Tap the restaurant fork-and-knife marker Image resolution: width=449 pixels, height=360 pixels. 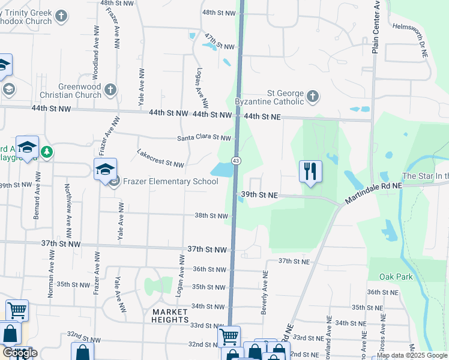tap(310, 171)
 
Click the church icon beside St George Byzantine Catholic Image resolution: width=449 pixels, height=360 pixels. tap(313, 96)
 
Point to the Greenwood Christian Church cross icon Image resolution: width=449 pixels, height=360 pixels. tap(109, 90)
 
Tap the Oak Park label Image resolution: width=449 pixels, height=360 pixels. tap(396, 277)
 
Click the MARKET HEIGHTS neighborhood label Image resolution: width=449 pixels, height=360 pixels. tap(170, 316)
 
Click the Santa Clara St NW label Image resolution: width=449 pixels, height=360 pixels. tap(204, 138)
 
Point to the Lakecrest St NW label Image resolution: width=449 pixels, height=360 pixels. tap(160, 158)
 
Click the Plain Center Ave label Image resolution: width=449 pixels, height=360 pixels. tap(376, 27)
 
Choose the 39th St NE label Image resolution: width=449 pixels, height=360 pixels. tap(259, 195)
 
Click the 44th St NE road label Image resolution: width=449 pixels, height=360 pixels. tap(262, 116)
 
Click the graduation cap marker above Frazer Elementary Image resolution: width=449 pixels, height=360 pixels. tap(105, 170)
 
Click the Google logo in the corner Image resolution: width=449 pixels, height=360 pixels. tap(19, 353)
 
